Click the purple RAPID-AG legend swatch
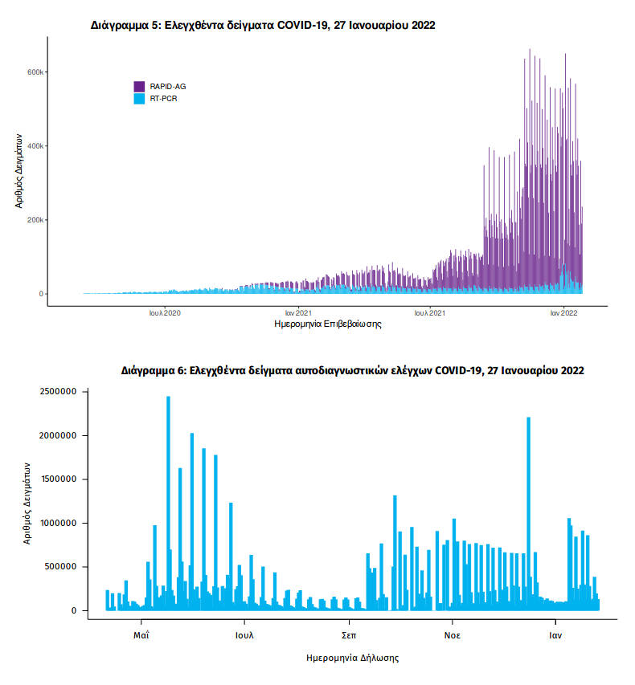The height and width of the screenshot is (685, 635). click(138, 86)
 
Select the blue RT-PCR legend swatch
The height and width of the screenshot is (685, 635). click(138, 99)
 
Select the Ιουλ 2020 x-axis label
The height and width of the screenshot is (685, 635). click(165, 313)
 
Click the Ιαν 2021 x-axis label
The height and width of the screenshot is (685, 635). click(298, 313)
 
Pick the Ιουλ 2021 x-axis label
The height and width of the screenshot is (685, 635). click(429, 313)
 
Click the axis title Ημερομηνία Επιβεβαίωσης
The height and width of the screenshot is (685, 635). click(327, 325)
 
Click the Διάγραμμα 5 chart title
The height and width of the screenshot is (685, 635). click(263, 26)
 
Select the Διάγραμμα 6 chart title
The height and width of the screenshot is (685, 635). click(353, 371)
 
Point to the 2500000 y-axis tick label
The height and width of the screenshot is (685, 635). click(52, 392)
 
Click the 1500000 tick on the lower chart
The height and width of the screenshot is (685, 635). click(52, 479)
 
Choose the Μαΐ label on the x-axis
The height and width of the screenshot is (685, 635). click(141, 634)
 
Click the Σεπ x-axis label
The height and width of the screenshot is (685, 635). click(349, 634)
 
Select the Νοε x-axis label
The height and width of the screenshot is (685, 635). click(452, 634)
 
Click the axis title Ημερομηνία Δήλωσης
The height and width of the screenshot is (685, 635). click(353, 658)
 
